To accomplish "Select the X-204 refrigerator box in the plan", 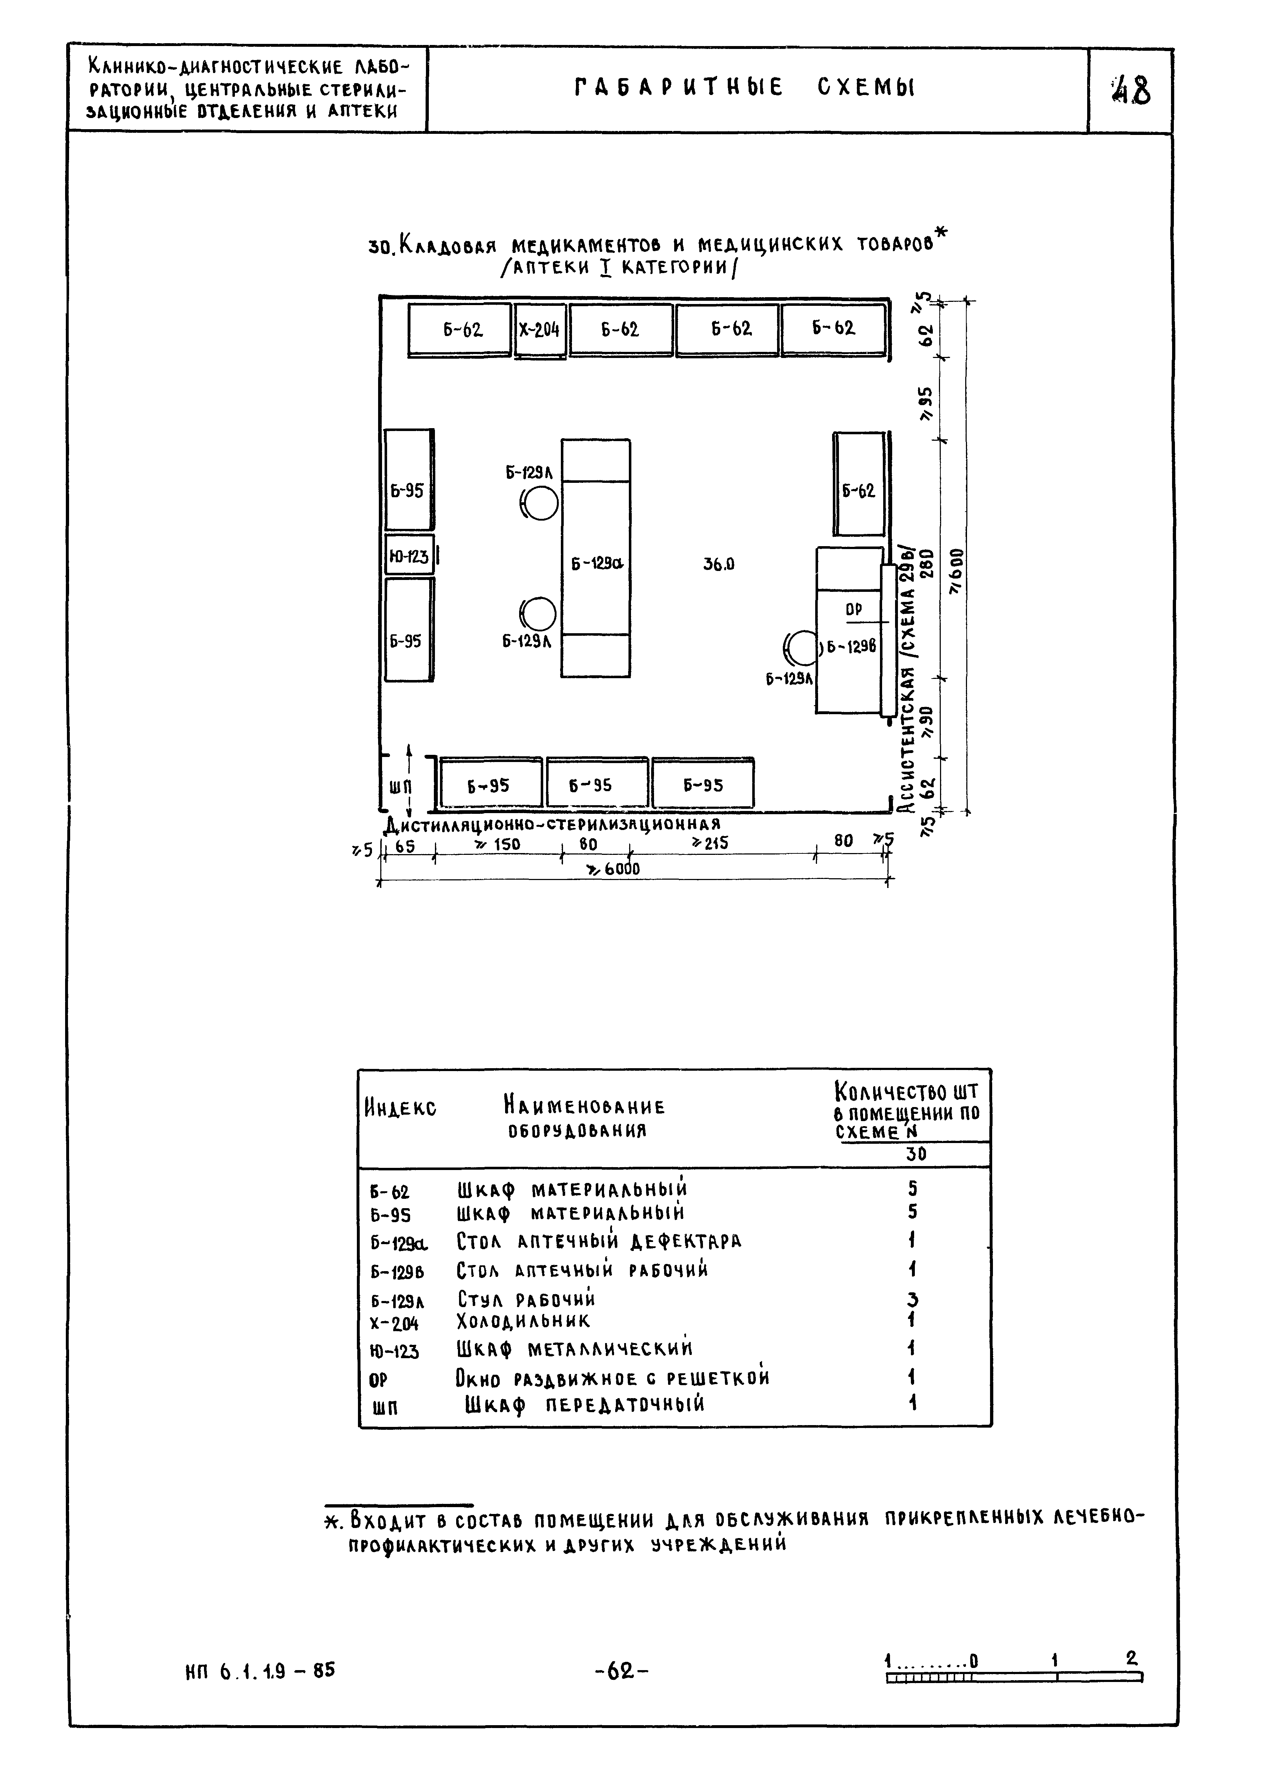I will (540, 330).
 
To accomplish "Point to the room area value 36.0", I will (718, 564).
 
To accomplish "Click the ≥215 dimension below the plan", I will (709, 843).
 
